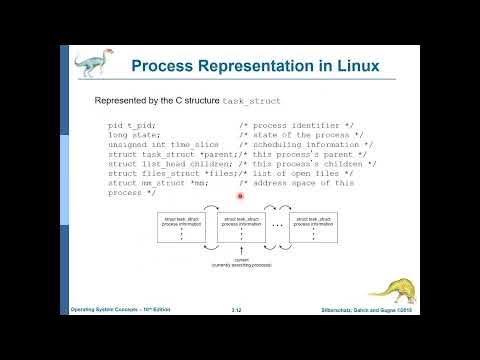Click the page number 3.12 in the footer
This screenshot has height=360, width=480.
[x=238, y=311]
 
